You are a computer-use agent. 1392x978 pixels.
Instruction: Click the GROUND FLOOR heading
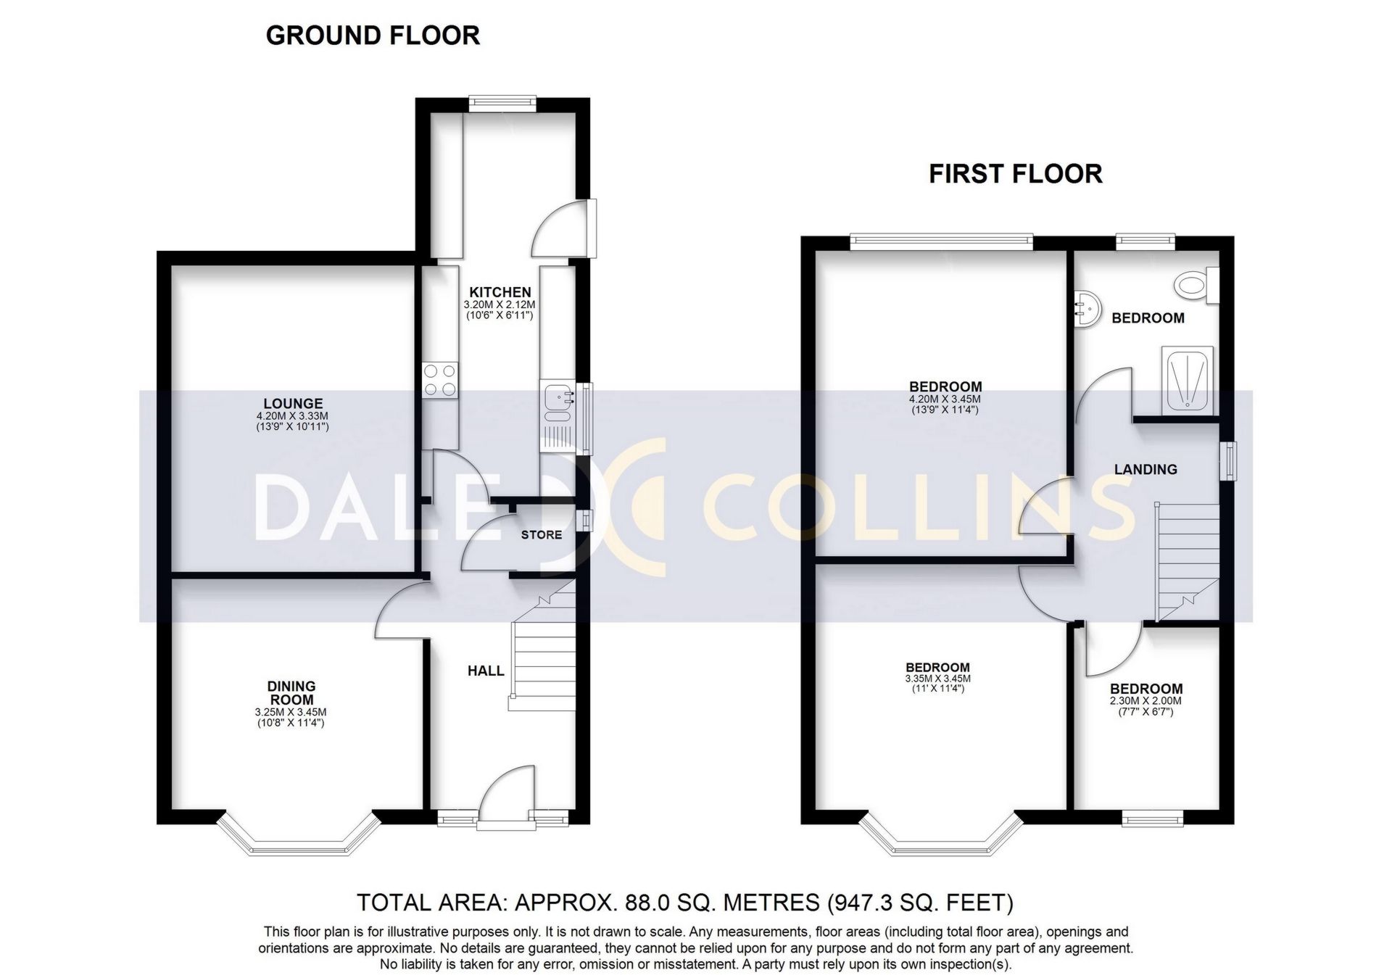click(x=373, y=36)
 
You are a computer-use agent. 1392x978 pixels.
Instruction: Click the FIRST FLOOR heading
click(x=1015, y=174)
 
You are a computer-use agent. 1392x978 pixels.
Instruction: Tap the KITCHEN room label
click(x=500, y=292)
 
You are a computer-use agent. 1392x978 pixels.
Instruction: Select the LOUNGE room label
click(x=293, y=404)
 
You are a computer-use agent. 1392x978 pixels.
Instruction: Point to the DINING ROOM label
click(x=291, y=693)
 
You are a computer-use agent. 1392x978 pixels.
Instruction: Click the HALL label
click(x=486, y=671)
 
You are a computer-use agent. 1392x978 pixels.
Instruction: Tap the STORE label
click(x=542, y=535)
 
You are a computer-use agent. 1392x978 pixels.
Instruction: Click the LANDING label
click(x=1145, y=470)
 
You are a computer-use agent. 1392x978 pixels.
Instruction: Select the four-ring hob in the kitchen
click(x=440, y=380)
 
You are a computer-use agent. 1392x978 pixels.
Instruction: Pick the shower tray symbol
click(x=1187, y=381)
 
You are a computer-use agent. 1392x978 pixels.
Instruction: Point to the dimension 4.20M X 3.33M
click(x=292, y=416)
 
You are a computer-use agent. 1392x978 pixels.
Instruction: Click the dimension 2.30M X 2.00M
click(x=1145, y=701)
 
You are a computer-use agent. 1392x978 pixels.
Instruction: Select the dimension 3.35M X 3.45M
click(x=937, y=679)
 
